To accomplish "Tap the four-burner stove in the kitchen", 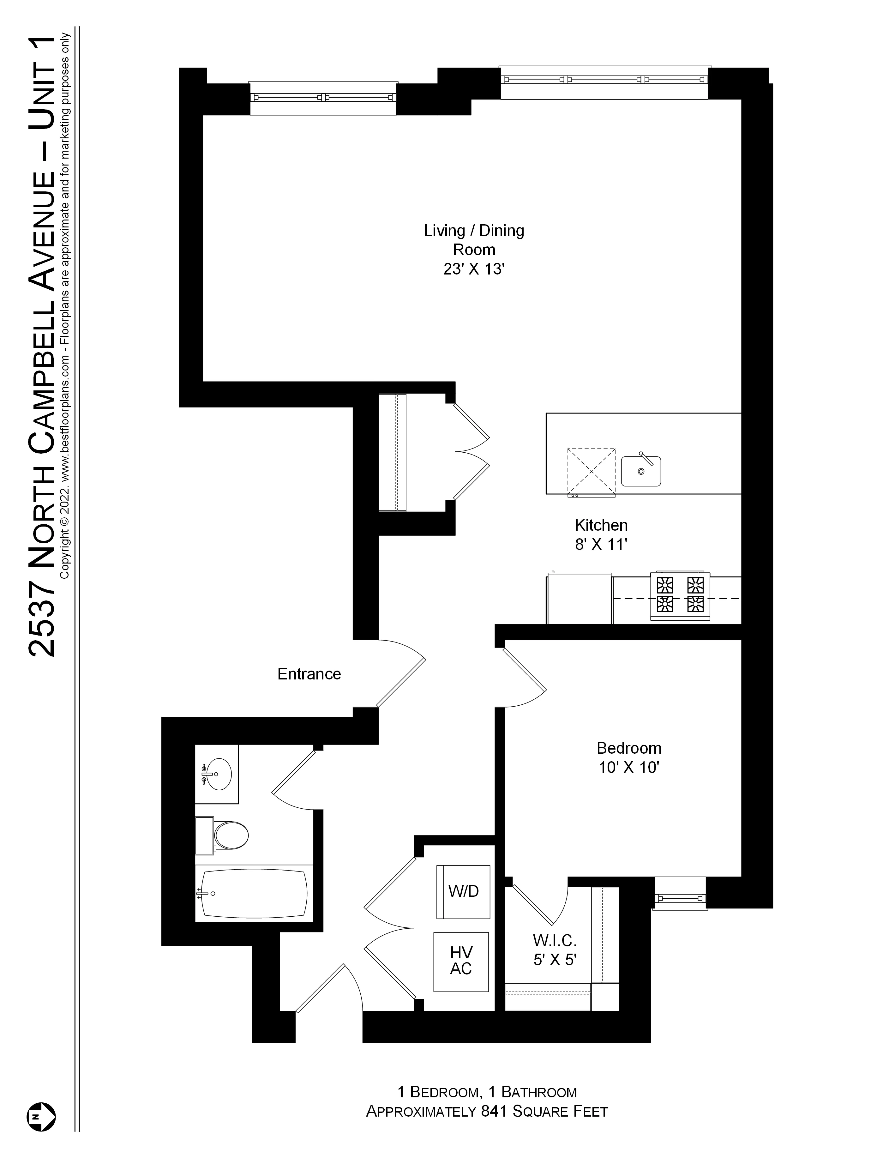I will click(x=680, y=595).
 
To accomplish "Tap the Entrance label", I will click(x=309, y=674).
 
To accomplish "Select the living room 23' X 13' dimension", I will click(x=473, y=269).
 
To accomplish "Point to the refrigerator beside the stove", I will click(x=579, y=598).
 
